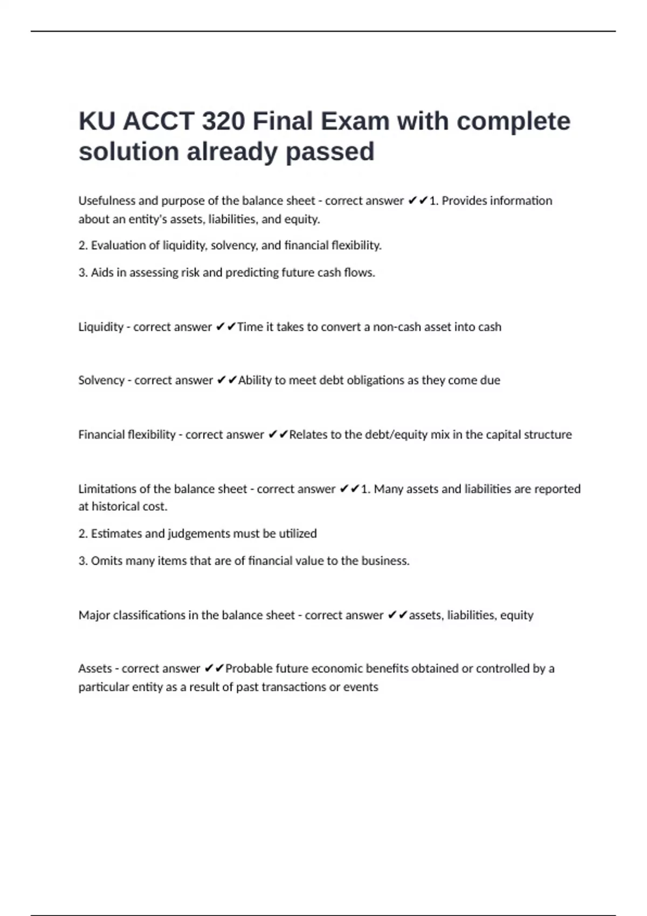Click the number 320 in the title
[x=223, y=121]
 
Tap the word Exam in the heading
[x=355, y=121]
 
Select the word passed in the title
[x=329, y=151]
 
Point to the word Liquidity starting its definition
[x=101, y=327]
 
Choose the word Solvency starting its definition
[x=101, y=380]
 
